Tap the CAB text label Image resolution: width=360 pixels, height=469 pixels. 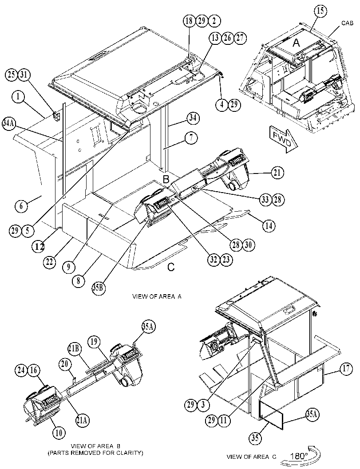[x=347, y=23]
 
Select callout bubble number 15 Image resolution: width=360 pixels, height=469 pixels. [x=320, y=11]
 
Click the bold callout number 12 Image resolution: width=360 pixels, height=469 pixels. [x=39, y=246]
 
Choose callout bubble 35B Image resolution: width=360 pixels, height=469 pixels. [x=99, y=289]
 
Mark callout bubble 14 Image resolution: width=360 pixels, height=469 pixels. [x=269, y=225]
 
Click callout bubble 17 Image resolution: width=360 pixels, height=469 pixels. [x=346, y=368]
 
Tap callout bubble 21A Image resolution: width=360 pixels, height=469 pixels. [x=82, y=420]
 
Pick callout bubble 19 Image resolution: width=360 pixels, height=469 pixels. [x=94, y=342]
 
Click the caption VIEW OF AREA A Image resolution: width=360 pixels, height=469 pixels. [x=157, y=296]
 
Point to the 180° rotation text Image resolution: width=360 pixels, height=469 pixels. [x=299, y=456]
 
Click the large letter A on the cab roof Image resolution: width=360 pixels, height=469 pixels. [x=296, y=43]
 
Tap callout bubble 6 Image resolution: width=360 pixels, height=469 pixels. [x=21, y=206]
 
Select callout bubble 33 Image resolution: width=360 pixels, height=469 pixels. [x=265, y=199]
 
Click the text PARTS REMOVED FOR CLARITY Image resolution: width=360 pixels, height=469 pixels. [x=95, y=453]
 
